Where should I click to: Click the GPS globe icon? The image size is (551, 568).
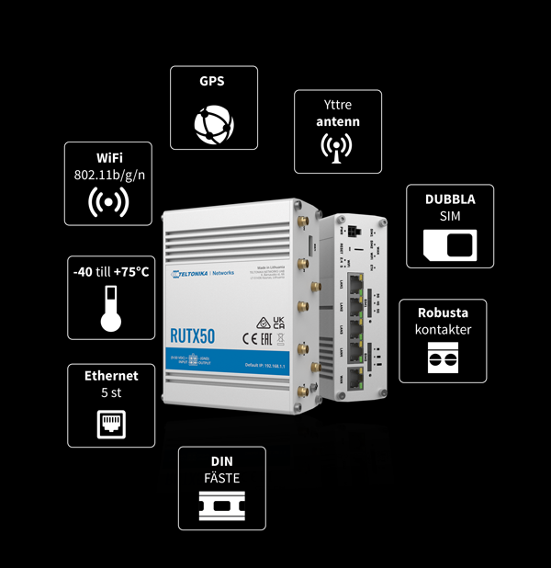pos(214,122)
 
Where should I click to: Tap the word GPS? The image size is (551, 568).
pos(212,81)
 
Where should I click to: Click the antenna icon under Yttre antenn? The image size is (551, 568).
pos(336,147)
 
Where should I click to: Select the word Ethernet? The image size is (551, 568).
pos(111,375)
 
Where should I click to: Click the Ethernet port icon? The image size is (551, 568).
pos(111,422)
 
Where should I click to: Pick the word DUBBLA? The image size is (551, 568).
pos(449,199)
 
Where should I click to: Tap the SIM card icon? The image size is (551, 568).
pos(449,243)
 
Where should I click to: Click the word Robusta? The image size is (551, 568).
pos(443,313)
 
